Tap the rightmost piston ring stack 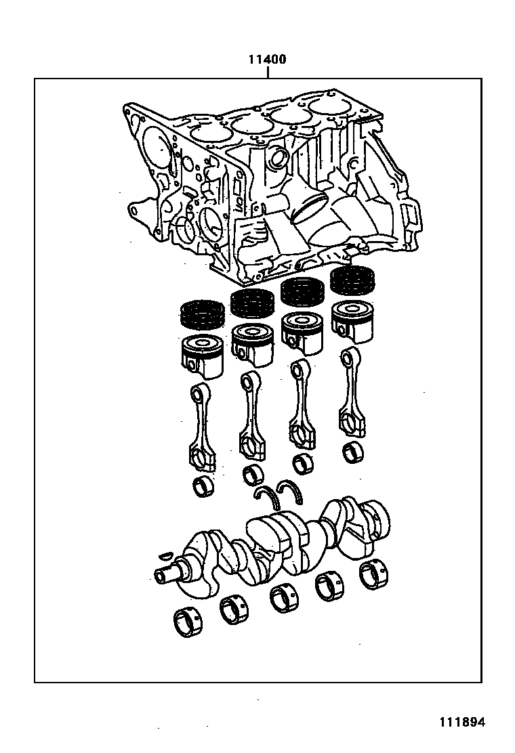tap(352, 278)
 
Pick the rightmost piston tap(352, 320)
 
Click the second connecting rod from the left tap(251, 416)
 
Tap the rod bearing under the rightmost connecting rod tap(352, 452)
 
